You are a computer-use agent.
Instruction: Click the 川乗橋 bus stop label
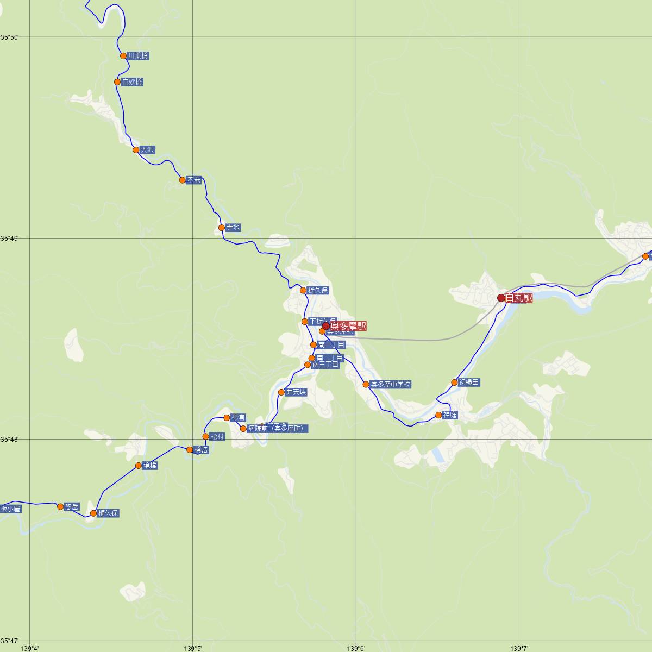(x=137, y=55)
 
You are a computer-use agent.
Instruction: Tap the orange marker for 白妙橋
(x=117, y=82)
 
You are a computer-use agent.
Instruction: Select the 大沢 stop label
(x=147, y=149)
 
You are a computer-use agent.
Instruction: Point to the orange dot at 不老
(x=183, y=180)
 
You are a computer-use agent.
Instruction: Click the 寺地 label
(x=233, y=228)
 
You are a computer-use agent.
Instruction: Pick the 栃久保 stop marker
(x=303, y=291)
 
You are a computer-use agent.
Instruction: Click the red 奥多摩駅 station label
(x=348, y=326)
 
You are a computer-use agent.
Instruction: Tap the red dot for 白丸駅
(x=501, y=298)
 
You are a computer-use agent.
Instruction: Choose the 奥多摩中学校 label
(x=390, y=384)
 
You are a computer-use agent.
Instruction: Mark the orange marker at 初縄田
(x=454, y=383)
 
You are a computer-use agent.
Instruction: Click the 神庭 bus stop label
(x=450, y=415)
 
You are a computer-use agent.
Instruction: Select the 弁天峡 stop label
(x=296, y=392)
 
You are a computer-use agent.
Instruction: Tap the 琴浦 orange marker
(x=227, y=418)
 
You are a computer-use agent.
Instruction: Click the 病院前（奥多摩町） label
(x=278, y=429)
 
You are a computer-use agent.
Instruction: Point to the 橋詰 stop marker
(x=190, y=450)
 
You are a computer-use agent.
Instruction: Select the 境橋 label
(x=150, y=466)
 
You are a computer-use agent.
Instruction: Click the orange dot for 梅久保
(x=93, y=513)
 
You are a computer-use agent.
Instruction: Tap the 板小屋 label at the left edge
(x=10, y=509)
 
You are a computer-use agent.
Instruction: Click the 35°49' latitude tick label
(x=9, y=238)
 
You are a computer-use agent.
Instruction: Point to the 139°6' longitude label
(x=356, y=648)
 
